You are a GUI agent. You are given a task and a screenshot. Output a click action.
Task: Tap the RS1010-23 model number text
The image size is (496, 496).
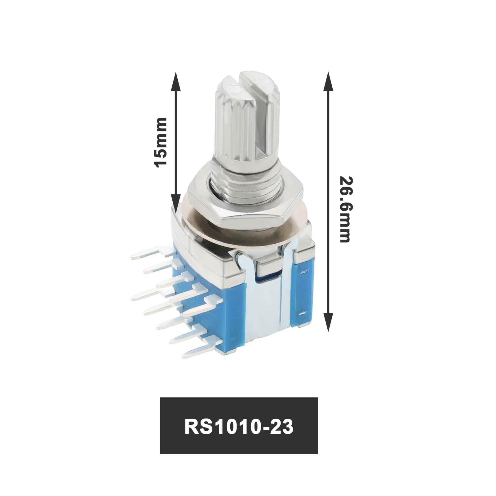239,427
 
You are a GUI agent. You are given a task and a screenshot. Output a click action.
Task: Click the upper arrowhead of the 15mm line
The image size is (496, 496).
176,81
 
